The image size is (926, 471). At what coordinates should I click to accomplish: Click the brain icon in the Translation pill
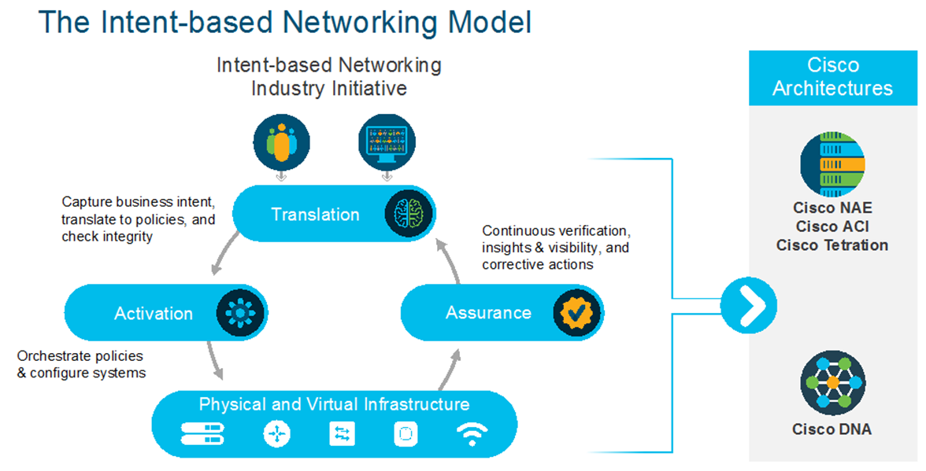[x=409, y=213]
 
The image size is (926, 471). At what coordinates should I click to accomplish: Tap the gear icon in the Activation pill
[x=240, y=312]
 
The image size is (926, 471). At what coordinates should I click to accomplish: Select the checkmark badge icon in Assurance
[x=576, y=312]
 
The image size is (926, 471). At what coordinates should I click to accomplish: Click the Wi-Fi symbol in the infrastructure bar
[x=472, y=433]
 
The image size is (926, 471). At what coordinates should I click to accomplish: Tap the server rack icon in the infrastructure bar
[x=202, y=433]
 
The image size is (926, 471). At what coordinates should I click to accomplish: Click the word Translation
[x=315, y=214]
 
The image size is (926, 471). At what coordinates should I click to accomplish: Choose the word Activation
[x=154, y=313]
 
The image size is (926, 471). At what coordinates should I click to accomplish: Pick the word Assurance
[x=488, y=312]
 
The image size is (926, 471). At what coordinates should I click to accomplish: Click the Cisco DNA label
[x=832, y=429]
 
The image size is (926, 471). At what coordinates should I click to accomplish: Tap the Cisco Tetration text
[x=832, y=245]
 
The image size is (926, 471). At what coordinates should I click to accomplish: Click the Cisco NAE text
[x=832, y=208]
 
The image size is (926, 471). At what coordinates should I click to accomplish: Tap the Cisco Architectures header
[x=832, y=77]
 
